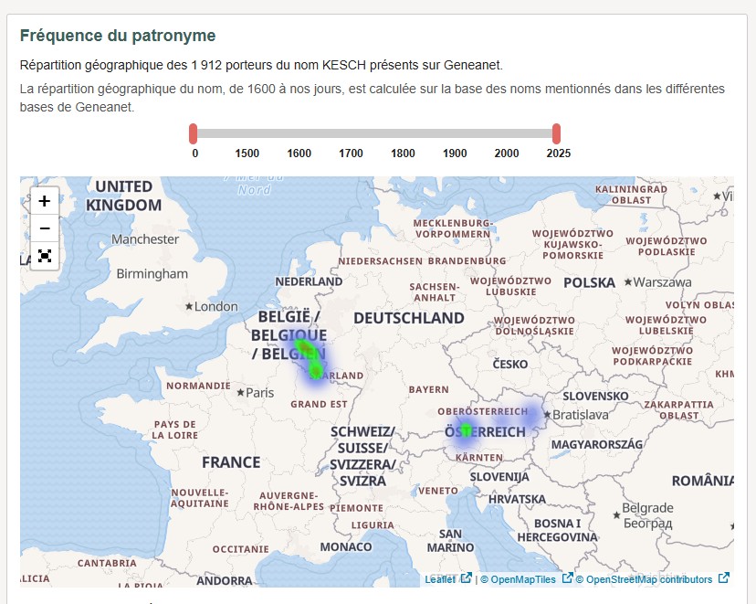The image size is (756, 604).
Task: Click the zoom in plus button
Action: tap(44, 201)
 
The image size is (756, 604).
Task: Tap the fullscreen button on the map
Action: tap(44, 256)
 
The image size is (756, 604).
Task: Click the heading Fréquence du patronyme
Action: tap(118, 37)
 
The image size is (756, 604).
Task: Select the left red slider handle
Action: tap(194, 134)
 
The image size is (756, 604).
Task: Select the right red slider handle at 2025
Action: tap(556, 134)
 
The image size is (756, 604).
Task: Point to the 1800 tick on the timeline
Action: tap(403, 154)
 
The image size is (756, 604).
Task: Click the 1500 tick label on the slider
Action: tap(247, 154)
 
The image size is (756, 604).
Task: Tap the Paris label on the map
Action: tap(260, 393)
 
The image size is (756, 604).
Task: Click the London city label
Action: tap(216, 307)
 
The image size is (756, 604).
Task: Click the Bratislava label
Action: tap(580, 415)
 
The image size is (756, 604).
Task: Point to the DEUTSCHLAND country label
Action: tap(409, 318)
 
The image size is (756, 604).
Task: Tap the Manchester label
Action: tap(145, 239)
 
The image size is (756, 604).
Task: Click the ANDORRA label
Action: tap(224, 581)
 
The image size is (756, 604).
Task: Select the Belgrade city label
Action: tap(647, 508)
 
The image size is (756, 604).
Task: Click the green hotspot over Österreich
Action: tap(466, 429)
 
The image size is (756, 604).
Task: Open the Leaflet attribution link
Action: tap(440, 579)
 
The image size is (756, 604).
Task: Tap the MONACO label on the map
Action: tap(346, 546)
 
